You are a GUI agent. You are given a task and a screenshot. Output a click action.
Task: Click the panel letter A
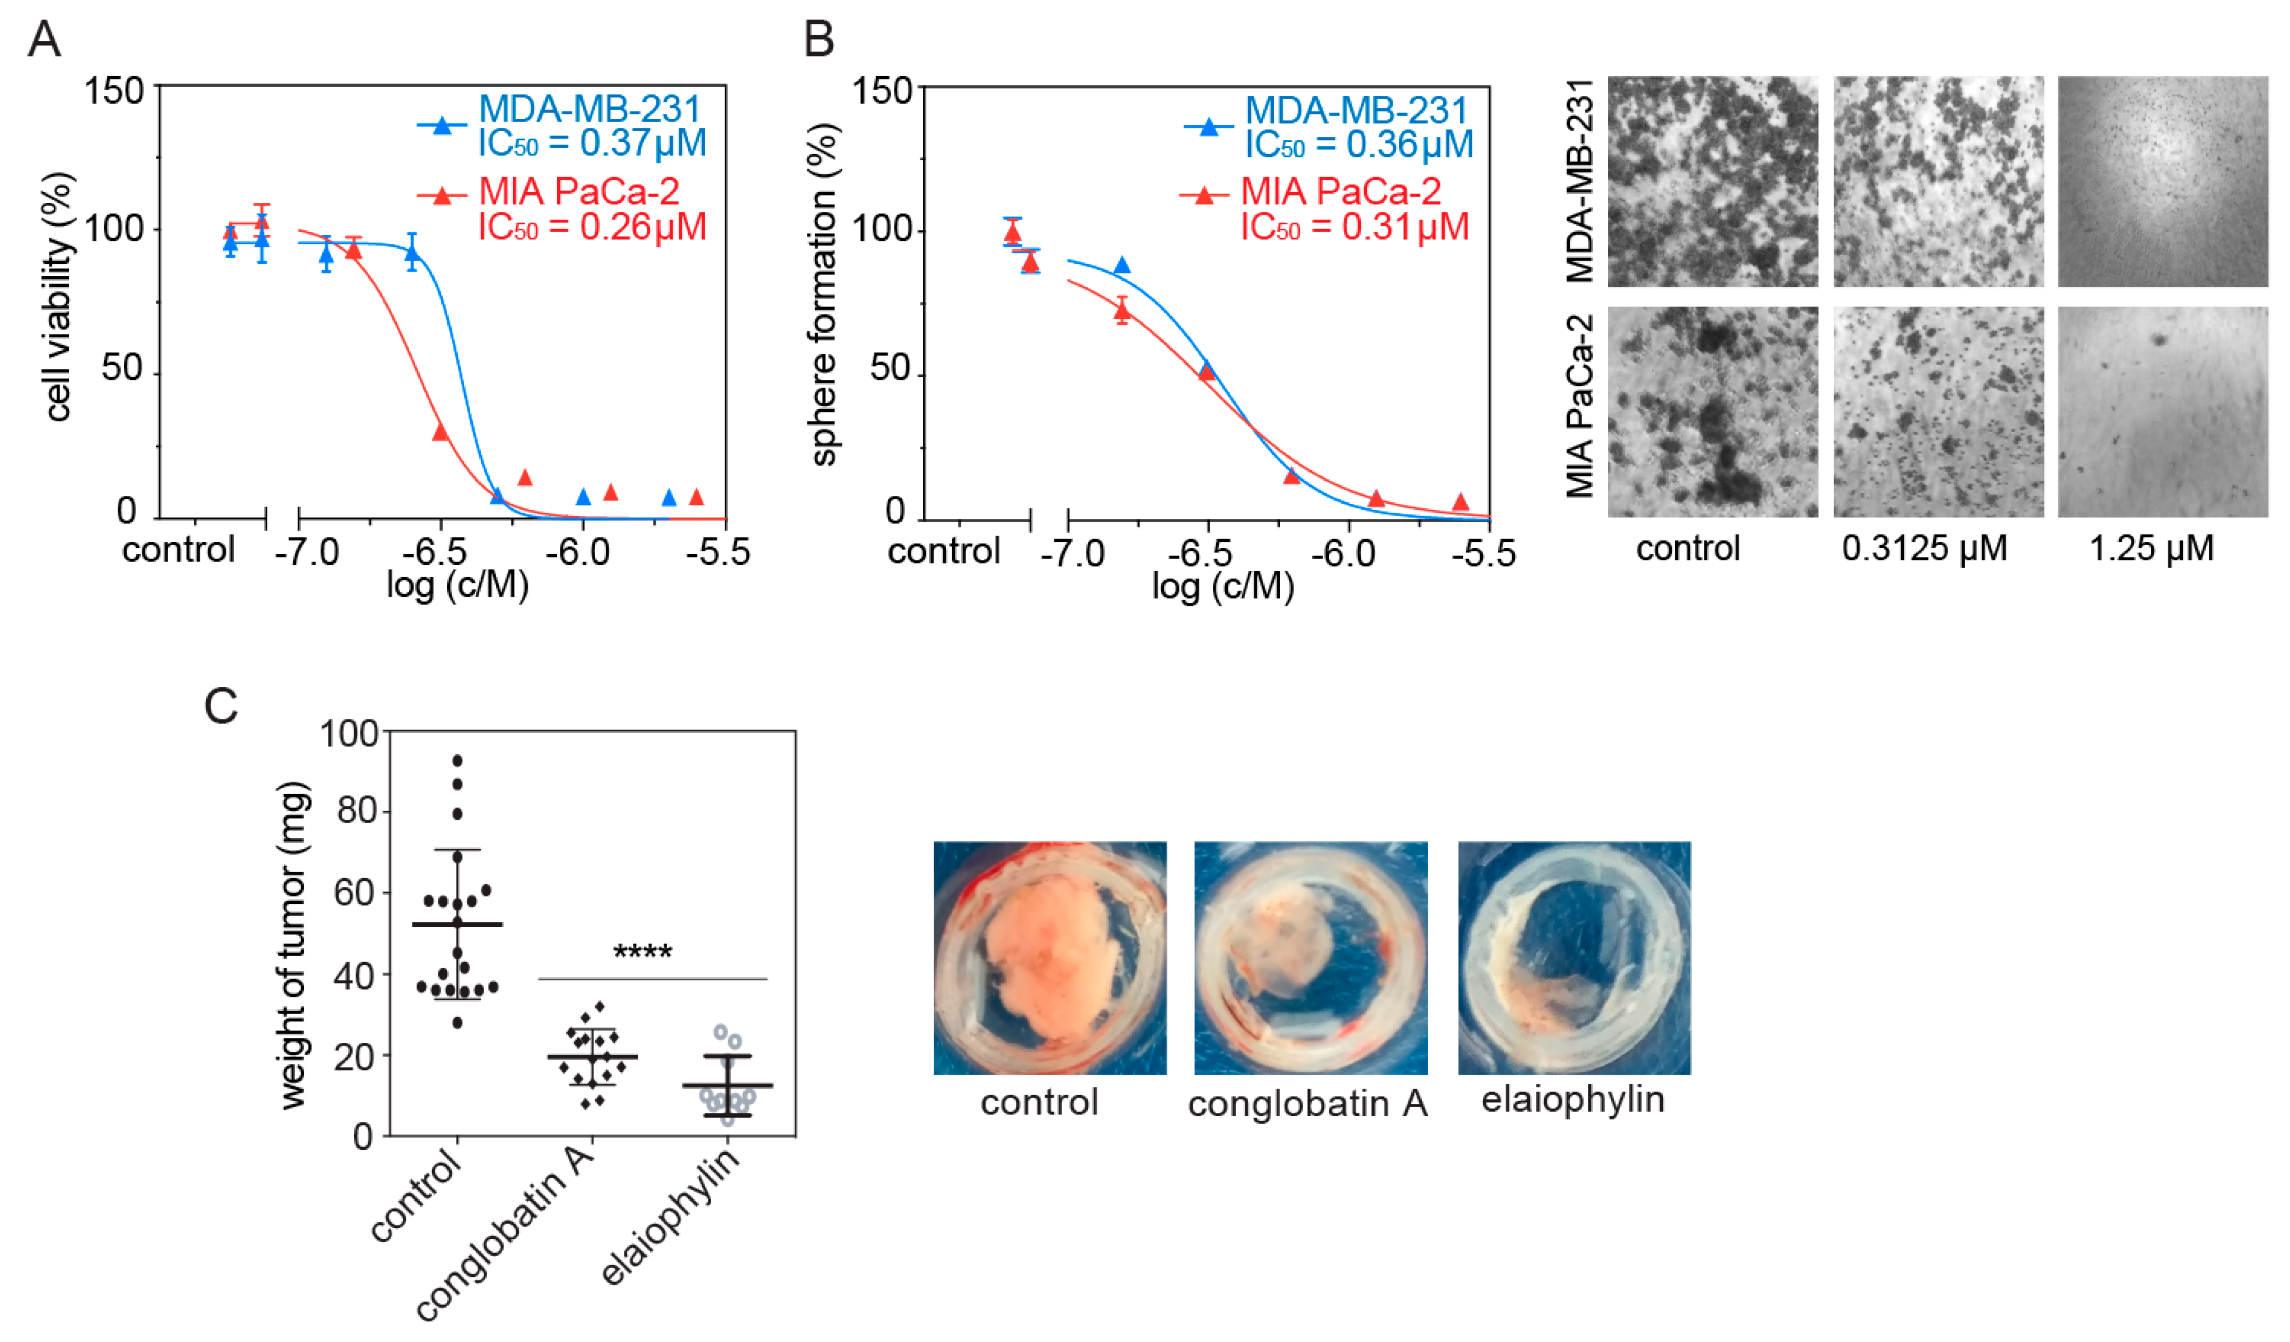[x=44, y=40]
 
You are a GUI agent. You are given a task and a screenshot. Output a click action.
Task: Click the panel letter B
[x=819, y=40]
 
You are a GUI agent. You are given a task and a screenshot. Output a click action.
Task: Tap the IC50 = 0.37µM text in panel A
[x=592, y=143]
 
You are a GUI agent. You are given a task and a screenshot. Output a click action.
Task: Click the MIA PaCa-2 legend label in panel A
[x=579, y=192]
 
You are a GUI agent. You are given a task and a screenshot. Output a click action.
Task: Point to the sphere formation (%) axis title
[x=823, y=295]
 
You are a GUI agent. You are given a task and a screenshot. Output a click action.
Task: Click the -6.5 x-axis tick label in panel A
[x=442, y=552]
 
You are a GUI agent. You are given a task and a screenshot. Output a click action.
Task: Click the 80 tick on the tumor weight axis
[x=357, y=810]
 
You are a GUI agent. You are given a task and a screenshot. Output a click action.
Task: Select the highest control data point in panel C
[x=457, y=760]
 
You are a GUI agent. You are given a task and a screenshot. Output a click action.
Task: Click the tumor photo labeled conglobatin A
[x=1310, y=958]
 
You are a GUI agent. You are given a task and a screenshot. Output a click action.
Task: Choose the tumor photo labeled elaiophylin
[x=1574, y=958]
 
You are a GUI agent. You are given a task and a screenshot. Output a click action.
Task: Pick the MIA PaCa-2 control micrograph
[x=1712, y=412]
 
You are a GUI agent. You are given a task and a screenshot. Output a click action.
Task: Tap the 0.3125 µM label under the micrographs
[x=1924, y=549]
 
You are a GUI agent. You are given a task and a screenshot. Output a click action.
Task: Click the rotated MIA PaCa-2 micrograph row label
[x=1580, y=406]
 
